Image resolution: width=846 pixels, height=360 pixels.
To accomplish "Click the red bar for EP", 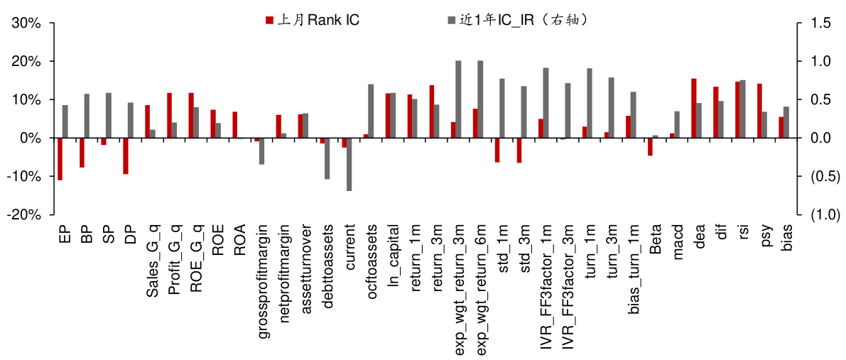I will click(60, 158).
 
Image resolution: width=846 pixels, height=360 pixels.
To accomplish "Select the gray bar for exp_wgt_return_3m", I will click(458, 99).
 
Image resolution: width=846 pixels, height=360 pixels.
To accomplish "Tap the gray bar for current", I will click(349, 164).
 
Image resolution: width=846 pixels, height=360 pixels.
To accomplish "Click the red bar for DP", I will click(125, 156).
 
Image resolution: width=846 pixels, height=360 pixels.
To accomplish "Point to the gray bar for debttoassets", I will click(327, 158).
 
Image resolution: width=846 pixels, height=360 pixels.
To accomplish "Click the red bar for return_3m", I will click(431, 111).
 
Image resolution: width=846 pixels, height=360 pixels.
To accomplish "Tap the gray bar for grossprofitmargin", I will click(262, 151).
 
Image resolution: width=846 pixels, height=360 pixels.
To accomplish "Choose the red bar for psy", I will click(759, 111).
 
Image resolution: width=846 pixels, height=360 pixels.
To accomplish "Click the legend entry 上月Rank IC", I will click(313, 20).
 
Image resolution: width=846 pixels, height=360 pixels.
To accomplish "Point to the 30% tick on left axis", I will click(25, 23).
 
